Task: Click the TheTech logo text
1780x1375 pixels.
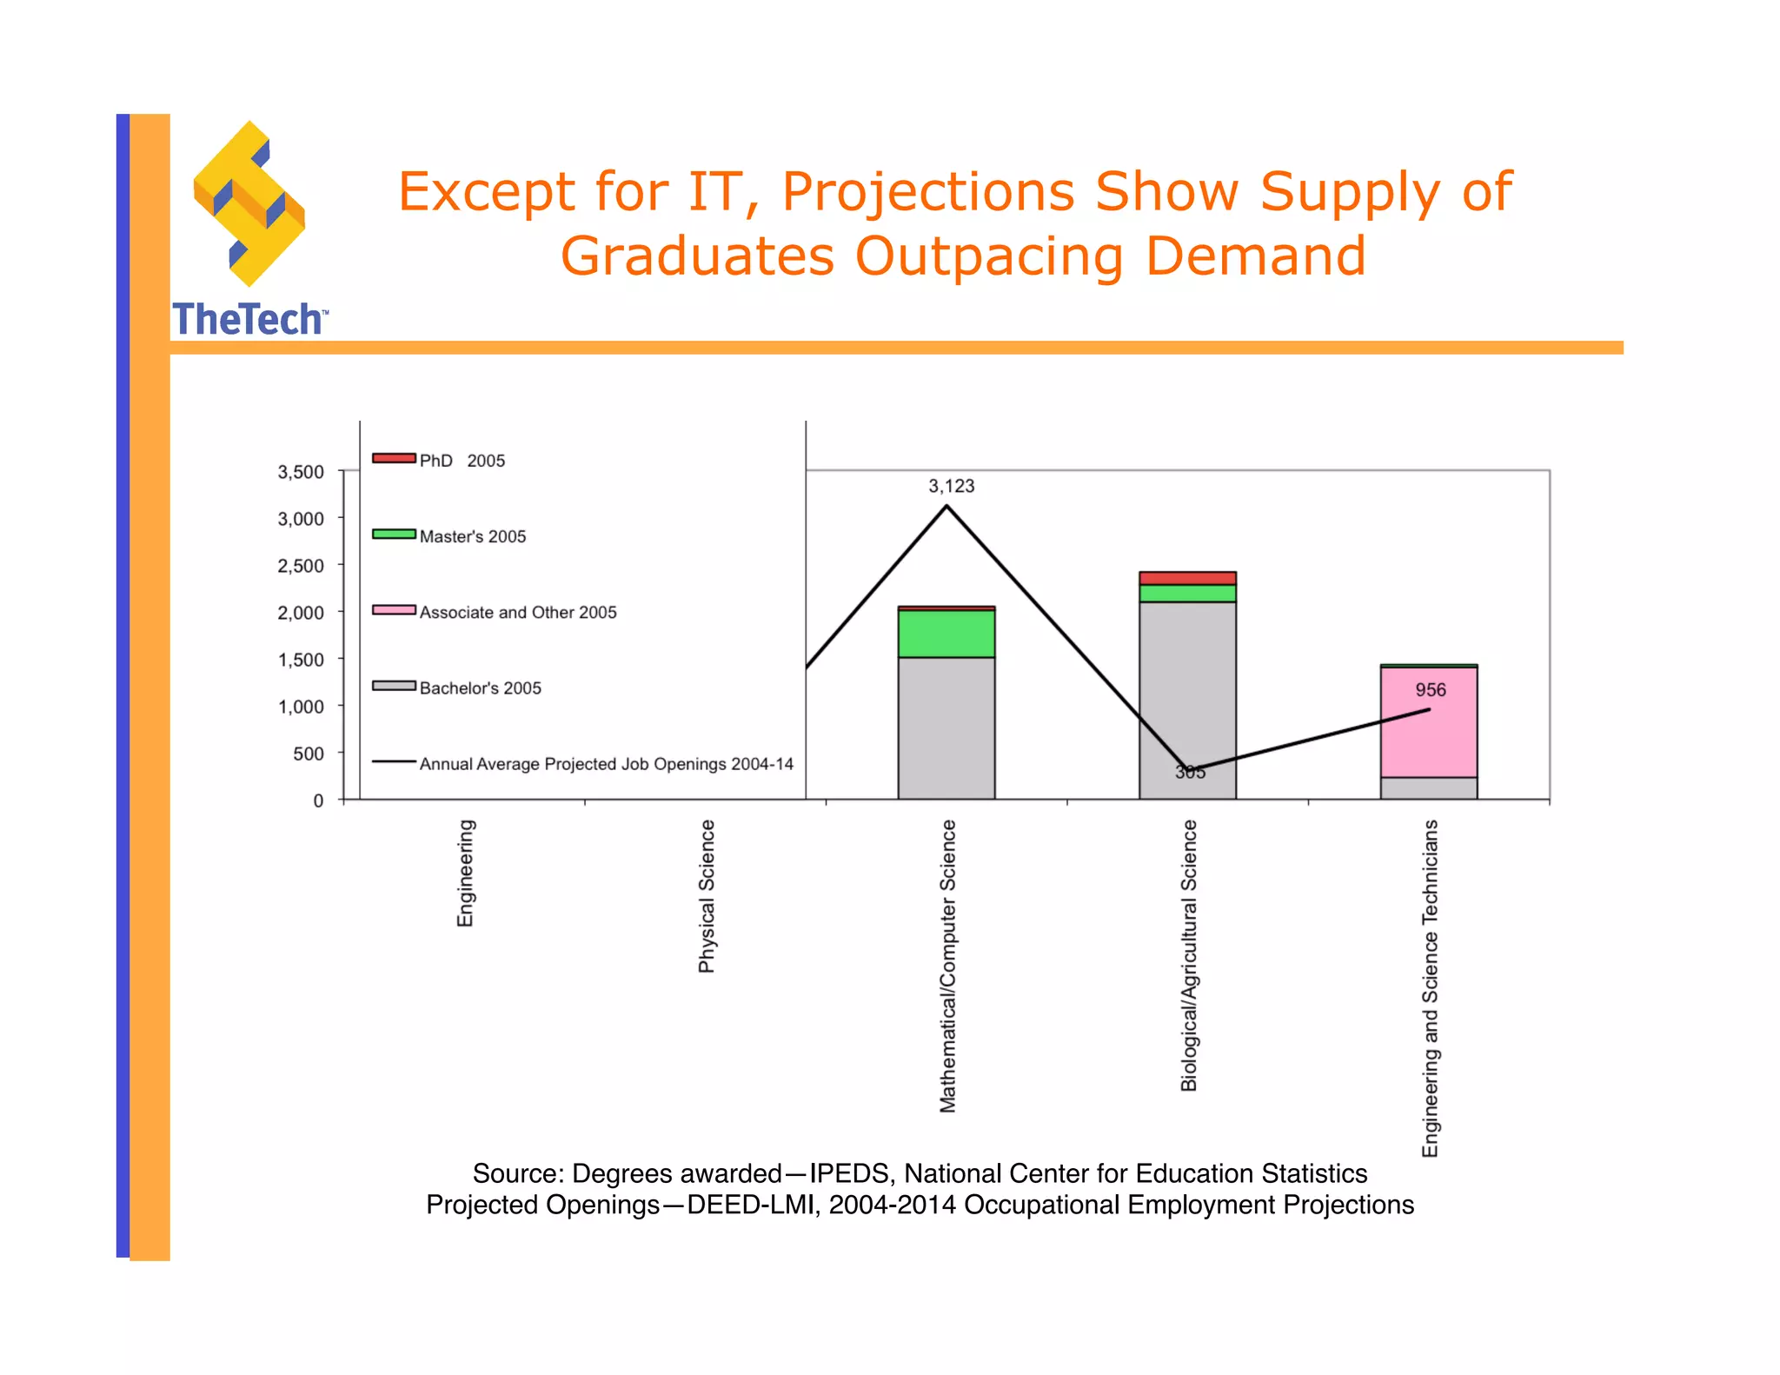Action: (249, 319)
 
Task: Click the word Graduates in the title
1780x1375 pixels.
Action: (697, 256)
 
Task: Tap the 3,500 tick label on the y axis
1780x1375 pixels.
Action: (301, 472)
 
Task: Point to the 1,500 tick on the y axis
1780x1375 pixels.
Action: (301, 660)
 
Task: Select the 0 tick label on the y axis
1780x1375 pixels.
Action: (318, 800)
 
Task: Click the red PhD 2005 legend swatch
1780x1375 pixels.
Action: (394, 458)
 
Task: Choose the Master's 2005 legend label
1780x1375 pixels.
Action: (473, 536)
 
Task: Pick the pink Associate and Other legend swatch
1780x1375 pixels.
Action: (394, 609)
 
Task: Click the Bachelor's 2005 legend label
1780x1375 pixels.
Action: (480, 687)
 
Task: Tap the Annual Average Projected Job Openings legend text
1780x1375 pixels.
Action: (606, 764)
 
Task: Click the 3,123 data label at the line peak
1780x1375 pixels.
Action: (951, 486)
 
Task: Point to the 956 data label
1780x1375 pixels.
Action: (1430, 690)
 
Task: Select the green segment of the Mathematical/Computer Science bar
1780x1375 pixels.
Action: (946, 633)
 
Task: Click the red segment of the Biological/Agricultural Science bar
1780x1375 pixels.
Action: (1187, 578)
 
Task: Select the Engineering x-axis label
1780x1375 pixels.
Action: (466, 873)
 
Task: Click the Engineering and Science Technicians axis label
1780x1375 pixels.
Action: (1430, 987)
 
